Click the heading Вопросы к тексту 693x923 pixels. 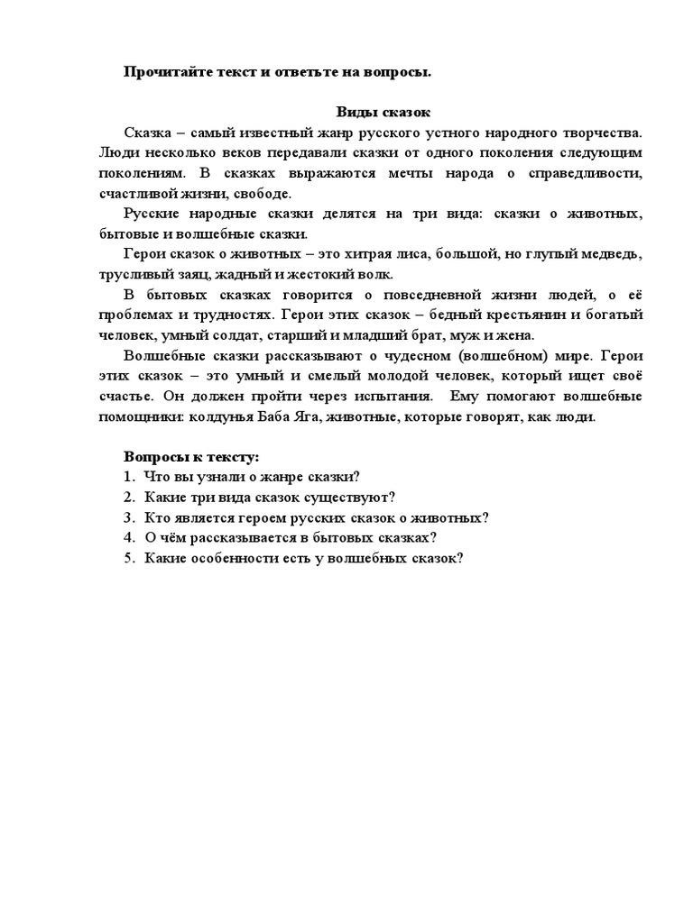pyautogui.click(x=191, y=457)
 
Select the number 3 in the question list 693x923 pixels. pyautogui.click(x=129, y=517)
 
